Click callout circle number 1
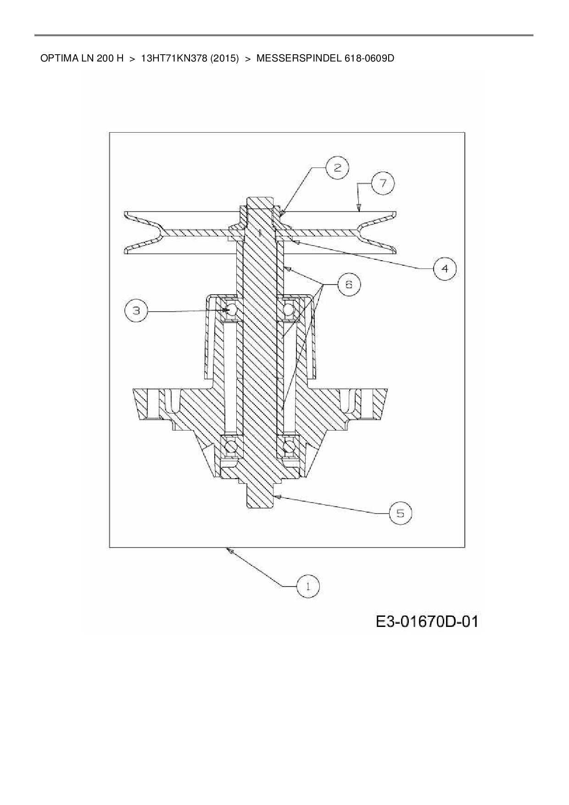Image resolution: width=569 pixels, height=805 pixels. tap(308, 586)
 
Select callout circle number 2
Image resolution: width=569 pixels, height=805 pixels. tap(337, 168)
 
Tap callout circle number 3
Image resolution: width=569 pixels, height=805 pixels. tap(136, 311)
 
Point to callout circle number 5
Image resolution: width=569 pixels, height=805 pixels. tap(400, 513)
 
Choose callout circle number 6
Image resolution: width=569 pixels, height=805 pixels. tap(349, 285)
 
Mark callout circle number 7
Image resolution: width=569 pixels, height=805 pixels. tap(382, 183)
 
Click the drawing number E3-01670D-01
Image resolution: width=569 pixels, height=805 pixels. tap(427, 622)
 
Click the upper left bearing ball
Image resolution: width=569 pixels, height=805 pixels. tap(231, 310)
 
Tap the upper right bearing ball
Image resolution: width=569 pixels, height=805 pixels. tap(289, 310)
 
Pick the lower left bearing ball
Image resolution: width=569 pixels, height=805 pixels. tap(231, 446)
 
